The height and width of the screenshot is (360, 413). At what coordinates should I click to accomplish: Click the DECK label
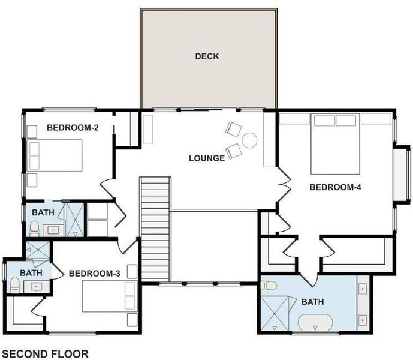click(207, 56)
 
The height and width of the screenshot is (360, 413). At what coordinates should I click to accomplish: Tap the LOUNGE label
click(207, 158)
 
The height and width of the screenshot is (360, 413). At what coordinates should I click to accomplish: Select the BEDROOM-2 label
click(73, 128)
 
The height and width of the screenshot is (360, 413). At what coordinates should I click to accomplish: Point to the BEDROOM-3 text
click(95, 274)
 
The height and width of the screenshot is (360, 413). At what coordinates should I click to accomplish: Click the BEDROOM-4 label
click(335, 187)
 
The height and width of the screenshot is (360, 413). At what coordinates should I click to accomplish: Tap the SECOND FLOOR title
click(46, 353)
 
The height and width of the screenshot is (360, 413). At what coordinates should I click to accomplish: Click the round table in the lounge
click(249, 140)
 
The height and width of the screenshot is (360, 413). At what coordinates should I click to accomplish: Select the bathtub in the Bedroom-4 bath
click(315, 322)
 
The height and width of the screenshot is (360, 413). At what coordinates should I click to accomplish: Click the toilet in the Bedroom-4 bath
click(269, 286)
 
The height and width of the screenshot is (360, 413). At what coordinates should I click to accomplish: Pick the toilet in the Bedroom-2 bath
click(34, 229)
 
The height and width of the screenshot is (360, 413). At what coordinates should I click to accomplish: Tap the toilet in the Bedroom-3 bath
click(15, 285)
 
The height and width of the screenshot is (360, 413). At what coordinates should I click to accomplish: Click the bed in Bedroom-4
click(335, 144)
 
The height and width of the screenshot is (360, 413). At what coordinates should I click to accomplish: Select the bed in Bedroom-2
click(55, 155)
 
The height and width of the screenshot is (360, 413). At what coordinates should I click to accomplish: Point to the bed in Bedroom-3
click(110, 296)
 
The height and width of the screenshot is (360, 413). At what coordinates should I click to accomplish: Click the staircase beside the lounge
click(156, 229)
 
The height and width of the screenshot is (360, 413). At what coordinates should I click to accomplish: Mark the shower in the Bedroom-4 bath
click(275, 313)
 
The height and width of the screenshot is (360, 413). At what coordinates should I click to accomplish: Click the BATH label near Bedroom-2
click(43, 212)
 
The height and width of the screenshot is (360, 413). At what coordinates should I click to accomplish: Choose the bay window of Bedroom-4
click(402, 174)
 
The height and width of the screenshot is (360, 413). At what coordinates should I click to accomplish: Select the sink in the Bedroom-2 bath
click(53, 230)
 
